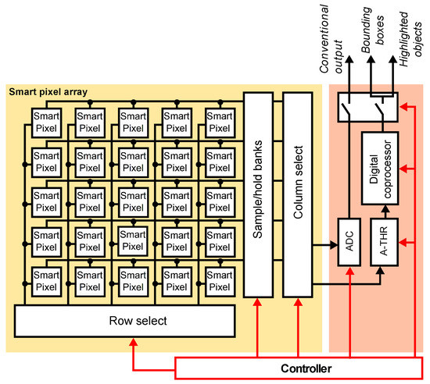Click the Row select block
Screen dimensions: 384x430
coord(125,320)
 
